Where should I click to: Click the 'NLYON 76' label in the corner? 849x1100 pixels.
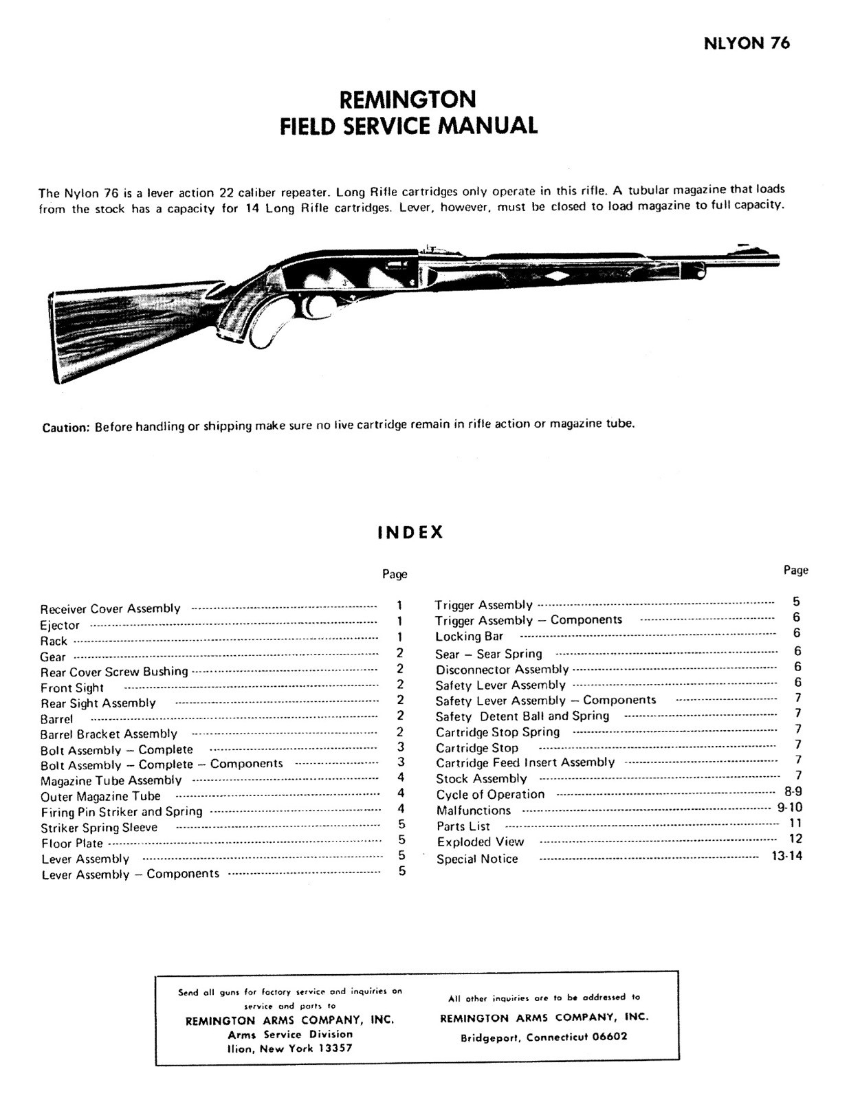pos(747,43)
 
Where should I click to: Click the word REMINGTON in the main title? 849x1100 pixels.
pos(408,100)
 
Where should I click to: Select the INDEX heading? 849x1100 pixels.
pos(410,533)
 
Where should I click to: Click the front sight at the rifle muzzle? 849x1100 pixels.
pos(742,245)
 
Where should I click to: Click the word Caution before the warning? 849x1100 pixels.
pos(66,427)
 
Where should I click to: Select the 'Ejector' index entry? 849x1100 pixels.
pos(60,626)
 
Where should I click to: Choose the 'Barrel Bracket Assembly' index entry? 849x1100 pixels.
pos(109,734)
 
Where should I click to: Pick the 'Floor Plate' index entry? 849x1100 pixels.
pos(72,844)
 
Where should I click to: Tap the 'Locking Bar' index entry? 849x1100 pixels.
pos(469,637)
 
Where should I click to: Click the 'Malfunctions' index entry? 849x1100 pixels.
pos(474,811)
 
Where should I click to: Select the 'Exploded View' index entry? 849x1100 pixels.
pos(481,842)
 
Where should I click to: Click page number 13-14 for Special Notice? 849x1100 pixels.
pos(786,856)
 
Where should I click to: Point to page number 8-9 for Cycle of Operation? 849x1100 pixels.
pos(793,792)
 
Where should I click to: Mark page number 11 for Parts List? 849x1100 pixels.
pos(795,823)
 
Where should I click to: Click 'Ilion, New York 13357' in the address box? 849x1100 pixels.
pos(289,1048)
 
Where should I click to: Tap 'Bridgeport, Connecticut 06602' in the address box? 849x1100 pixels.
pos(543,1037)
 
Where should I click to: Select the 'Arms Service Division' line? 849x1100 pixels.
pos(289,1034)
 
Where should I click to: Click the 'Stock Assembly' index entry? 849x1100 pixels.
pos(481,779)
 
